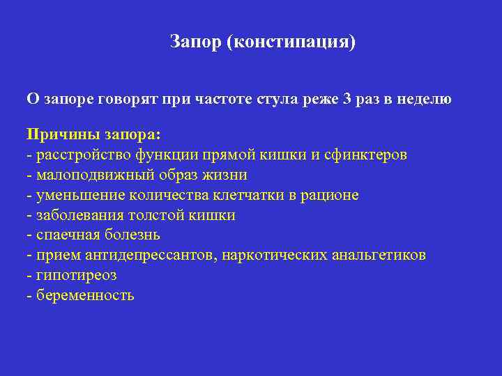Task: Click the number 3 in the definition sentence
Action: click(x=347, y=99)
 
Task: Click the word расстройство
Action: click(x=77, y=155)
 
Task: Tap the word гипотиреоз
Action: click(x=75, y=276)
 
